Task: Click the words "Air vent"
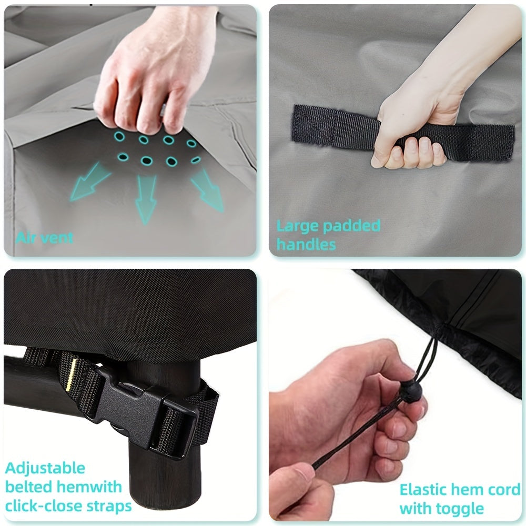point(44,238)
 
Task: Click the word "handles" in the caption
point(306,244)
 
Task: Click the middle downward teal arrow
point(146,199)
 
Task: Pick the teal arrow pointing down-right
point(207,190)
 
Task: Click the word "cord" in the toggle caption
point(504,490)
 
